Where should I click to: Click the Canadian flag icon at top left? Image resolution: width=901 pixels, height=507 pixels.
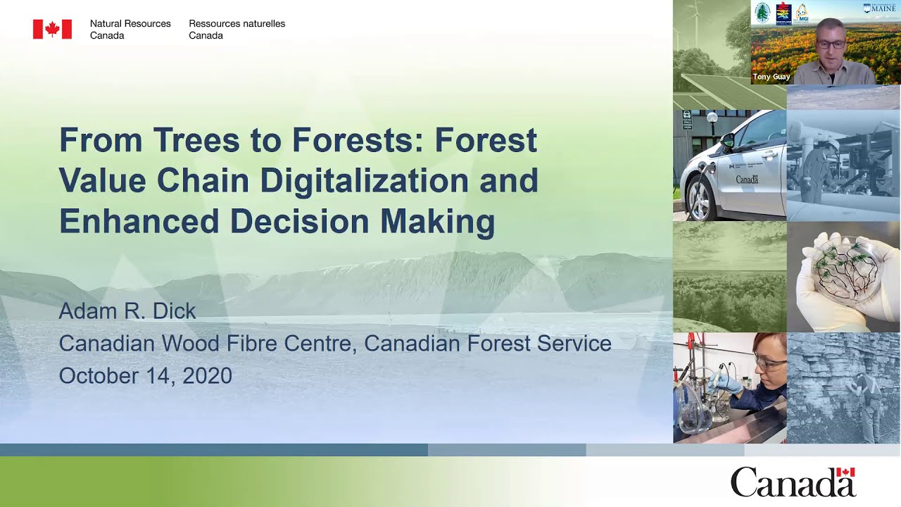[52, 29]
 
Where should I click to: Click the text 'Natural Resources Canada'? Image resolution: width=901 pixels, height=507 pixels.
[130, 29]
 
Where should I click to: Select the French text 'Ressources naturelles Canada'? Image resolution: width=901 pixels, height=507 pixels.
[237, 29]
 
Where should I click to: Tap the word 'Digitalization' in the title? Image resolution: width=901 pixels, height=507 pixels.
[364, 180]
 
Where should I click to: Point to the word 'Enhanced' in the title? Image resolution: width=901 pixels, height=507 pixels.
[139, 221]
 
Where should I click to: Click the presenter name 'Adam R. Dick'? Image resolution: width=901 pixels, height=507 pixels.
[127, 311]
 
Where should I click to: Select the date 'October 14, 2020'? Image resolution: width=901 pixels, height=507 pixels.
[146, 375]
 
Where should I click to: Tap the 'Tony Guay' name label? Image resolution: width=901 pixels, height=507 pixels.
[771, 77]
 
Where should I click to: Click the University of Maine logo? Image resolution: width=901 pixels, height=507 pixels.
[881, 8]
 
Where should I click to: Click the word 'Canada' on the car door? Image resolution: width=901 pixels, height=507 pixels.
[747, 180]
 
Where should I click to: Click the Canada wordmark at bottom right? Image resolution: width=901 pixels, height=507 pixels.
[793, 482]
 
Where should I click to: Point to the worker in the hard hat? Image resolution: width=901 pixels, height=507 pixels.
[818, 169]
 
